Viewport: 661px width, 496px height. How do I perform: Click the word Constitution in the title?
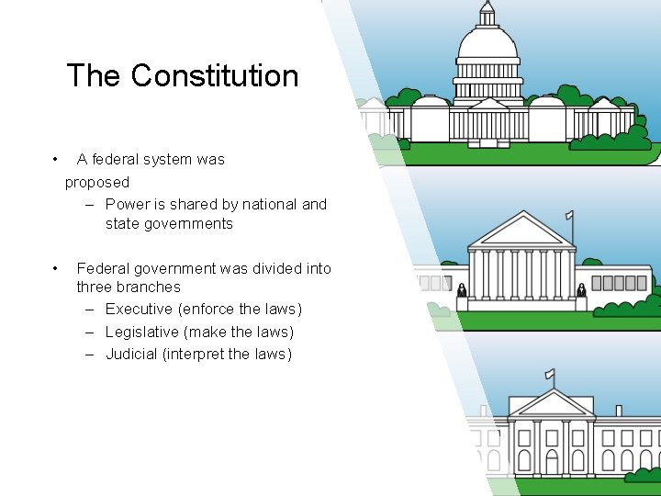215,75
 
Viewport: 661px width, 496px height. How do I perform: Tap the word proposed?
97,182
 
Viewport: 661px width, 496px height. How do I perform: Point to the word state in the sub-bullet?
124,223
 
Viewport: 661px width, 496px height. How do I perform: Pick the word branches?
149,287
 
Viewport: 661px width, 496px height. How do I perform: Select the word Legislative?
142,332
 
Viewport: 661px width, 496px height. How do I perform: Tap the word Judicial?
131,354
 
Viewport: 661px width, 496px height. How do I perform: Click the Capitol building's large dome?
487,43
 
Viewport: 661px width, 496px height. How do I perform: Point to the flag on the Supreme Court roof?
570,217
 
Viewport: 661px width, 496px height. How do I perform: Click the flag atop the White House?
550,374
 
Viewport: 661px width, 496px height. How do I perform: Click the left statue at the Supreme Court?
462,290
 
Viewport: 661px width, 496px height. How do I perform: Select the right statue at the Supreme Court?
581,290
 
